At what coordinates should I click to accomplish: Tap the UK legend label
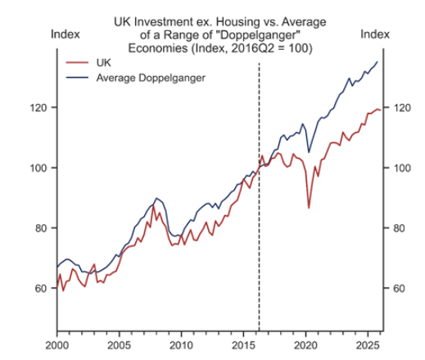point(104,63)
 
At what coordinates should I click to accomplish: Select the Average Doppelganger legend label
point(151,78)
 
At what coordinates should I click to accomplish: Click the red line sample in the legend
point(77,63)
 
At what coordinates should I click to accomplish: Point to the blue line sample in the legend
point(77,78)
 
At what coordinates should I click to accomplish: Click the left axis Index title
point(66,34)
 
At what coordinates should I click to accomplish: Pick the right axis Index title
point(375,34)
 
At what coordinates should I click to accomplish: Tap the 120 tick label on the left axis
point(38,108)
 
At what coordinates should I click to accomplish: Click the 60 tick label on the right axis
point(399,288)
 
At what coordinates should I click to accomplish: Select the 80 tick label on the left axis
point(41,228)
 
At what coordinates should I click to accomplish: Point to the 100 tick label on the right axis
point(402,168)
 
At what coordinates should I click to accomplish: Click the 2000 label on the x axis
point(57,345)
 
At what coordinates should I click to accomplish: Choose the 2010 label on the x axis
point(181,345)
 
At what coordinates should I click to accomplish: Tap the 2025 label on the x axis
point(368,345)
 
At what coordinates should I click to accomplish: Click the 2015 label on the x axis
point(243,345)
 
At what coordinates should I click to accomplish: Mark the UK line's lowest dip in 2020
point(309,208)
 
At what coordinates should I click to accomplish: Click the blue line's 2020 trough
point(309,152)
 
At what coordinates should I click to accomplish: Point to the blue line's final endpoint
point(378,61)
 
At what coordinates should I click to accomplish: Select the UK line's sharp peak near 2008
point(153,205)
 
